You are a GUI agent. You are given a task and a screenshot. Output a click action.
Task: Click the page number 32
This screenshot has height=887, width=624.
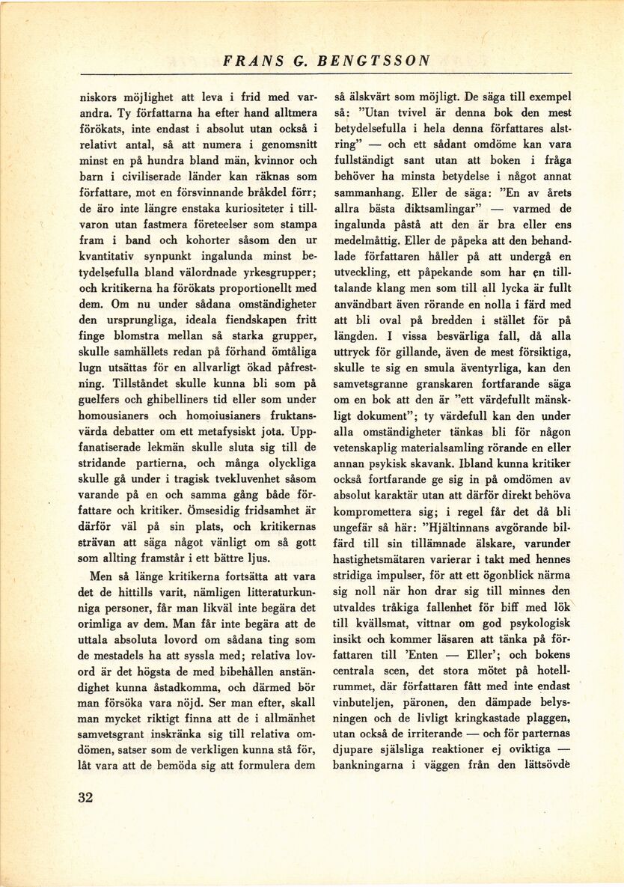coord(85,796)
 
